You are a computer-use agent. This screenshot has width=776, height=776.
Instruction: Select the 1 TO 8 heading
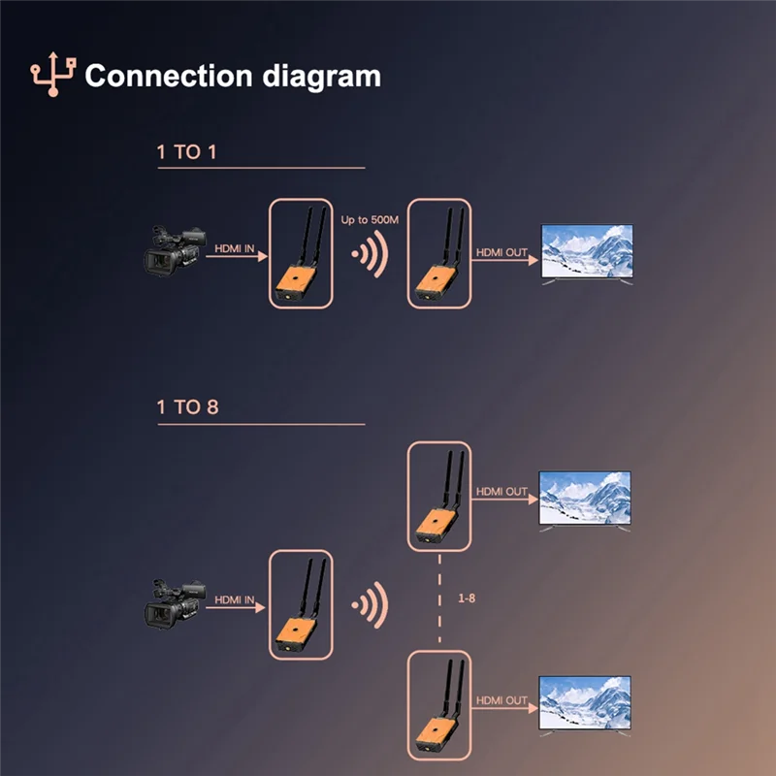pyautogui.click(x=187, y=407)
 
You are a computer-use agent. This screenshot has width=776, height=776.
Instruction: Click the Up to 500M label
pyautogui.click(x=370, y=221)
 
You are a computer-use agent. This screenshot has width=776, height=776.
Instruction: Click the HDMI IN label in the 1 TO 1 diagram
pyautogui.click(x=235, y=250)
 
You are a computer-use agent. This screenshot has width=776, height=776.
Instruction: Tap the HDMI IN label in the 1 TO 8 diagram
pyautogui.click(x=235, y=601)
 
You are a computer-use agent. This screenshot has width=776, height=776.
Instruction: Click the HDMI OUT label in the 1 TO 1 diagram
pyautogui.click(x=501, y=253)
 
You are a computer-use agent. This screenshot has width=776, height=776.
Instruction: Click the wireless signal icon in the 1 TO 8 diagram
pyautogui.click(x=370, y=607)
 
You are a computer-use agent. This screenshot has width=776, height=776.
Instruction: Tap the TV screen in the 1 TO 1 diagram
pyautogui.click(x=586, y=252)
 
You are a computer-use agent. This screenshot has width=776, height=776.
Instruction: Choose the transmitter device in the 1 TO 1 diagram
pyautogui.click(x=301, y=257)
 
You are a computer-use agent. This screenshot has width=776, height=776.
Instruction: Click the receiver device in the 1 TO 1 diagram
pyautogui.click(x=439, y=257)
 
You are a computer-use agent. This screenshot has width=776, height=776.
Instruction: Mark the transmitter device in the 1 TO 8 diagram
pyautogui.click(x=301, y=609)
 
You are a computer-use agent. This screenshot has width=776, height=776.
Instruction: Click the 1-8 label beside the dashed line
pyautogui.click(x=466, y=598)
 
